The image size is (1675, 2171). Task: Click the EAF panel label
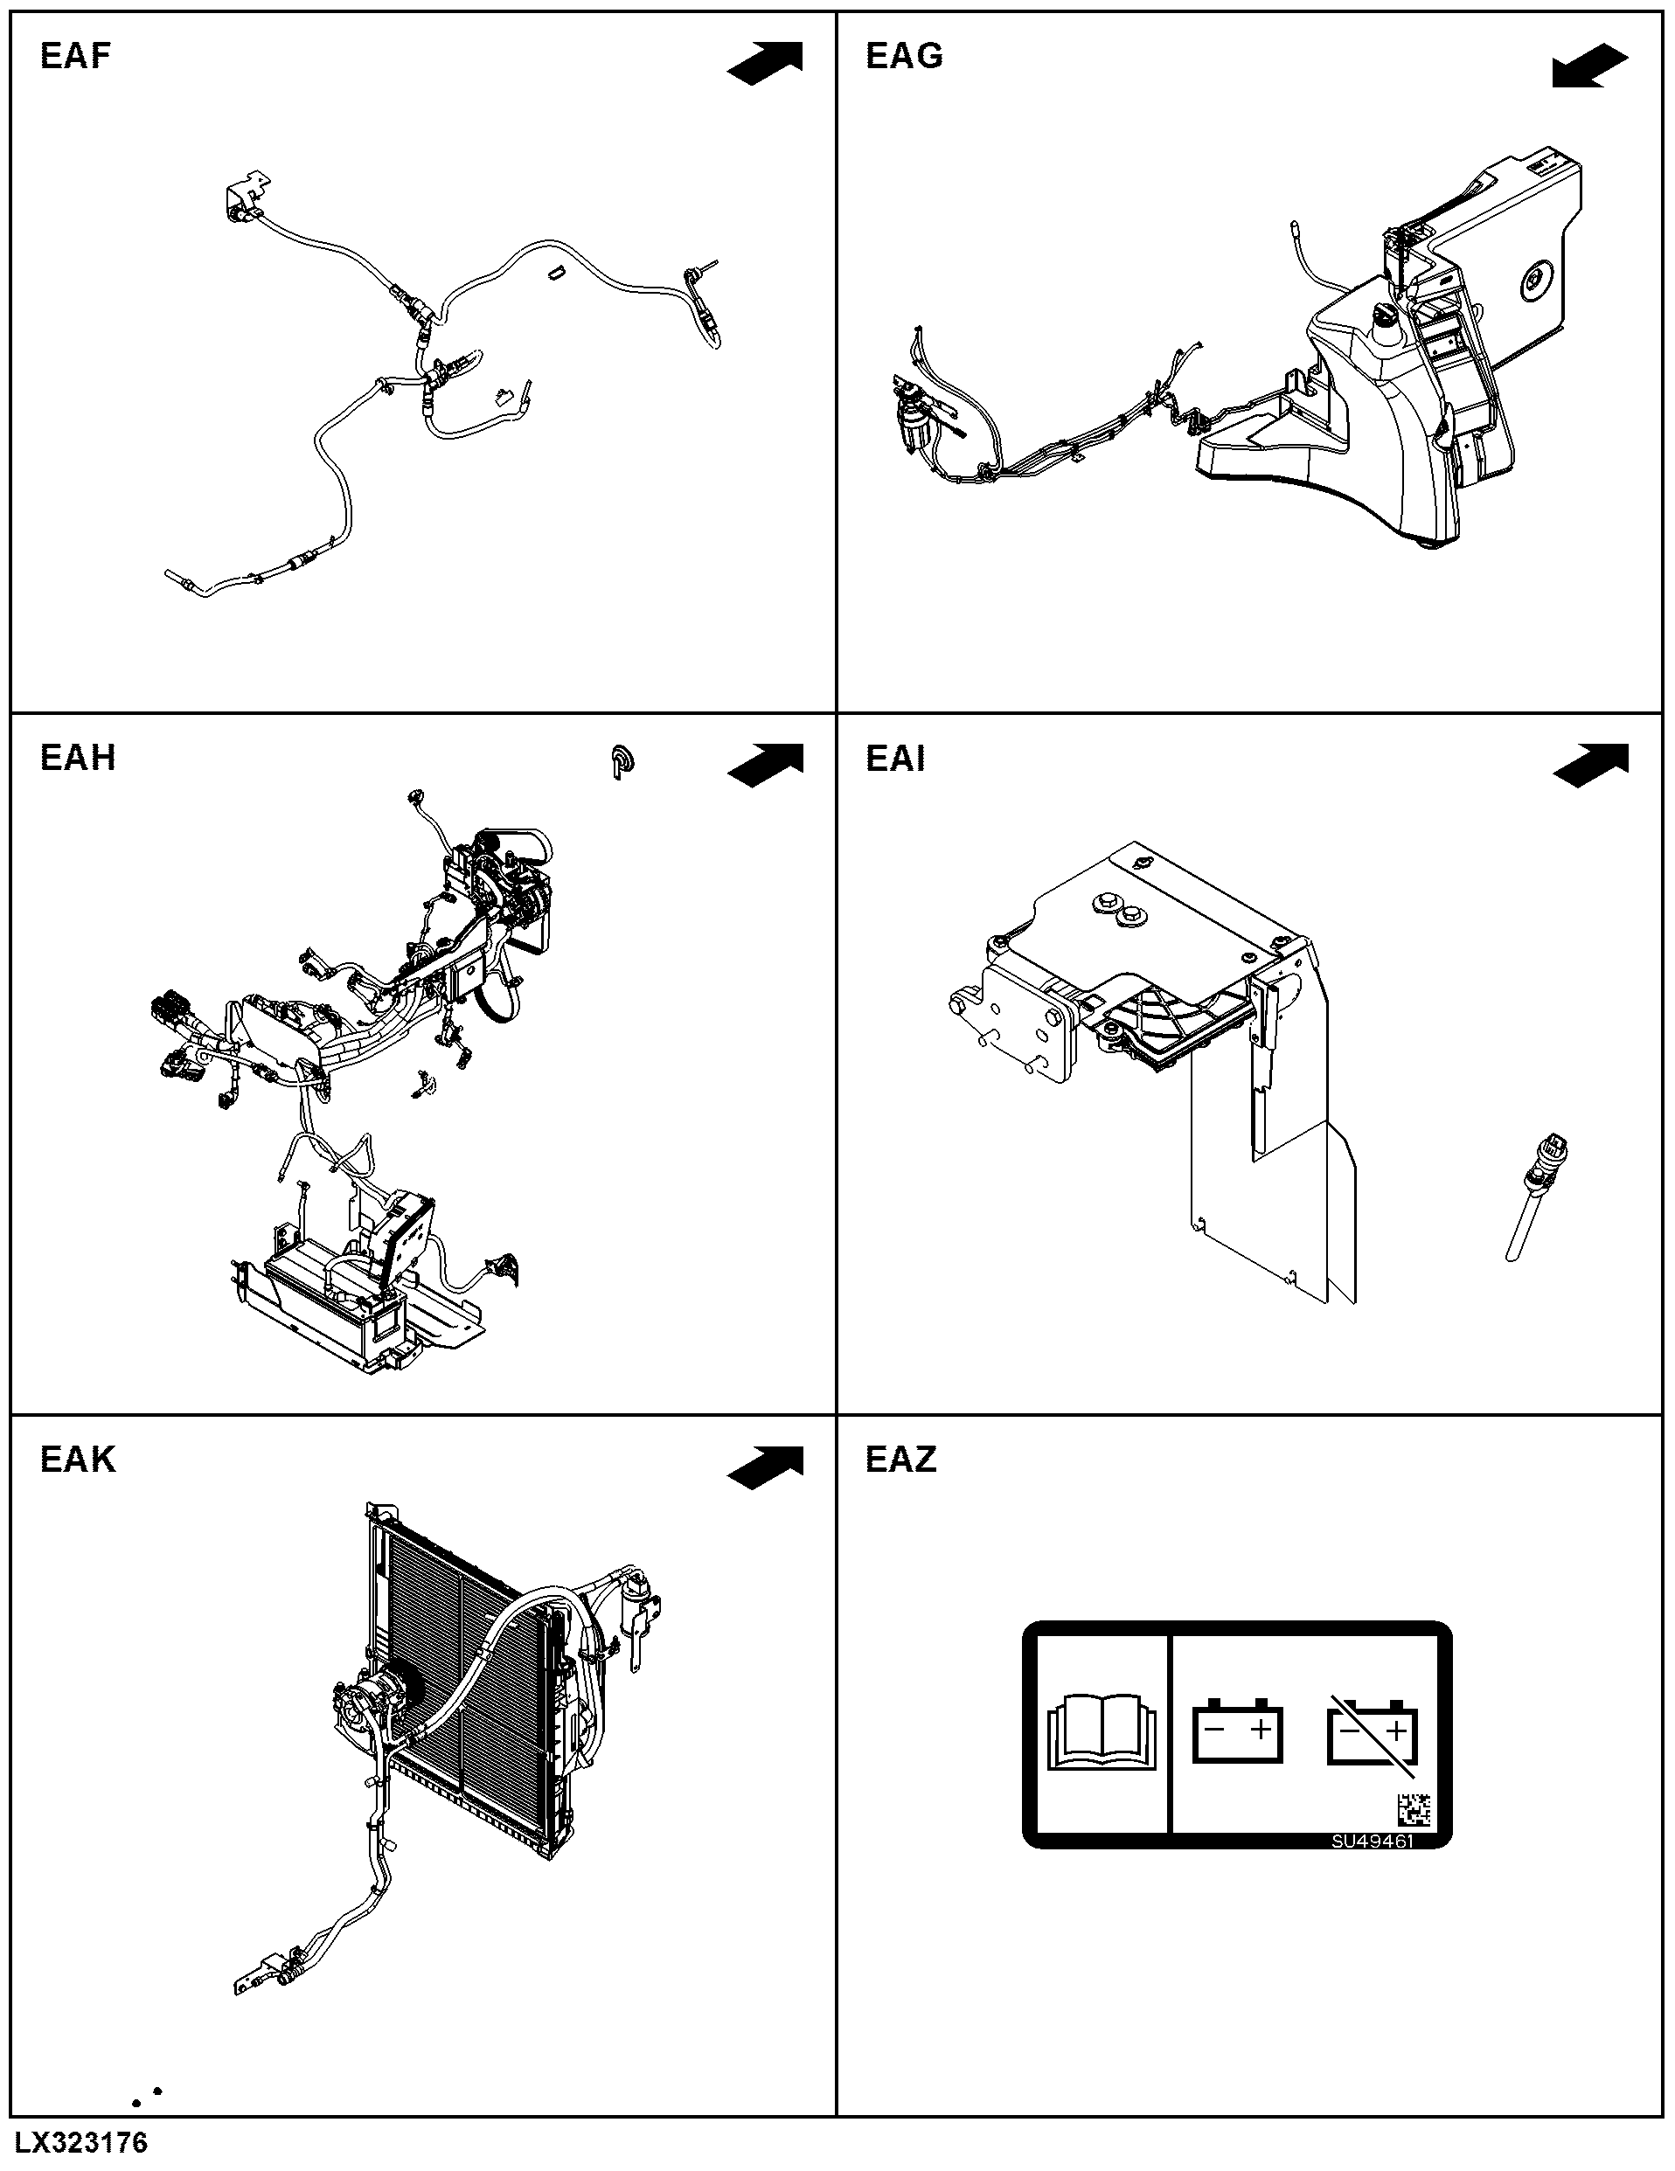click(x=74, y=56)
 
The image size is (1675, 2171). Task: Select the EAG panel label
click(x=904, y=56)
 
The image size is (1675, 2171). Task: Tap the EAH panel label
click(x=78, y=758)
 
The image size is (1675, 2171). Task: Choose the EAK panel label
click(x=78, y=1460)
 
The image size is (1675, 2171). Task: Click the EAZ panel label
click(x=900, y=1460)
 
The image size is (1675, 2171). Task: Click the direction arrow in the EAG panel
click(x=1590, y=66)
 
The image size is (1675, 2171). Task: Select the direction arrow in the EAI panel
click(x=1590, y=766)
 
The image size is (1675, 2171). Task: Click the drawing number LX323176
click(x=81, y=2141)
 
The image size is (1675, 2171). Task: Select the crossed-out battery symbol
click(x=1373, y=1735)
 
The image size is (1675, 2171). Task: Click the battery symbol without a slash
click(x=1238, y=1731)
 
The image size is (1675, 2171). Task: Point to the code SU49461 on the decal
click(x=1373, y=1841)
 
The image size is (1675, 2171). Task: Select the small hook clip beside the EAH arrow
click(x=622, y=761)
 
